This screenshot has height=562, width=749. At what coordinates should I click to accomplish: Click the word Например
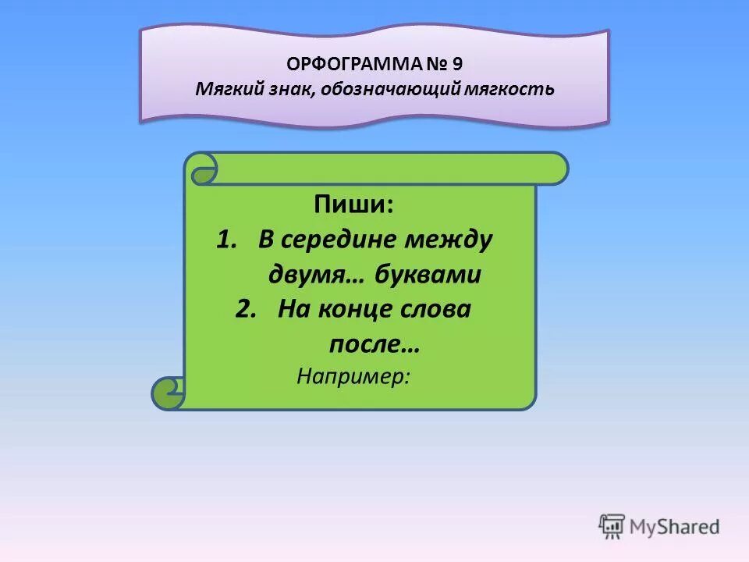(x=353, y=376)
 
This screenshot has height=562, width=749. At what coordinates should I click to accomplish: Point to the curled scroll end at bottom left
(x=168, y=393)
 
